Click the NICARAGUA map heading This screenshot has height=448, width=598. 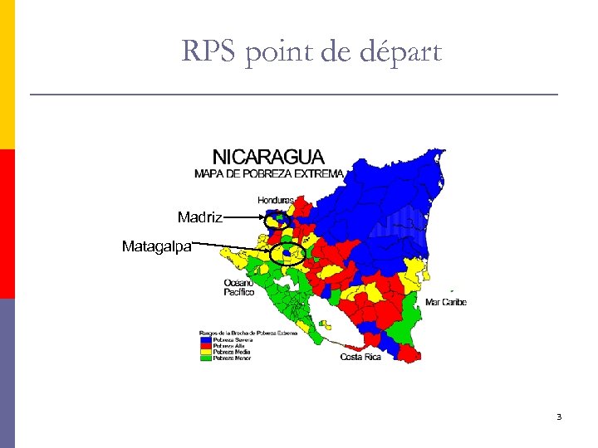click(268, 157)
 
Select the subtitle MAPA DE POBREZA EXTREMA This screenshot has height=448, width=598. click(268, 173)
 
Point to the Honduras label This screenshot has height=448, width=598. click(276, 200)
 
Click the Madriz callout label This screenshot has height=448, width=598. click(199, 217)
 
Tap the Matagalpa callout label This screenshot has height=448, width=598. click(157, 246)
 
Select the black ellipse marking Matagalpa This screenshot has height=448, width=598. click(287, 253)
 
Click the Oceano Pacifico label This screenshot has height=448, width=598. click(238, 287)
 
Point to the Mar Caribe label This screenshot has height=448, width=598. click(446, 302)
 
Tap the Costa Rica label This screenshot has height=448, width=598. click(360, 357)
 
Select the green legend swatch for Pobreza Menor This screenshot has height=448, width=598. click(205, 358)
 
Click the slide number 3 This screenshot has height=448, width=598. click(559, 416)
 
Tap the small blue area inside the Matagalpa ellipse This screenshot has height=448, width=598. click(286, 252)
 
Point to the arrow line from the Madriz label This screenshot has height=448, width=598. click(243, 218)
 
